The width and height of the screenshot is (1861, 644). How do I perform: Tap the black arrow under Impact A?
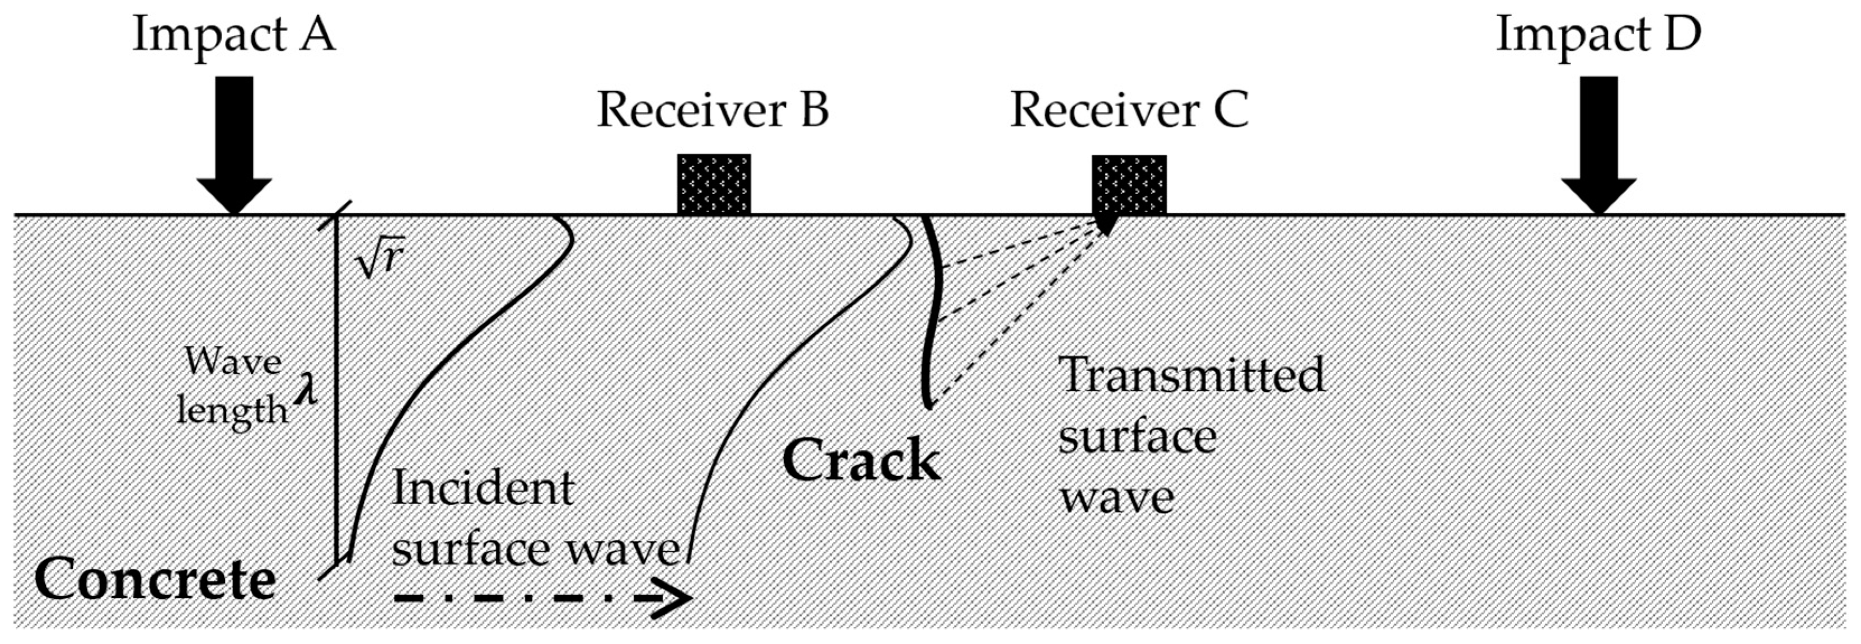pyautogui.click(x=235, y=144)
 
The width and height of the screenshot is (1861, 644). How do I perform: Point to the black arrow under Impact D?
pyautogui.click(x=1599, y=144)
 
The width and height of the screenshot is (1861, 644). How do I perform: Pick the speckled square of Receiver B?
pyautogui.click(x=714, y=184)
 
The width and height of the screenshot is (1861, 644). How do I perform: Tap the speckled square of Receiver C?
pyautogui.click(x=1128, y=186)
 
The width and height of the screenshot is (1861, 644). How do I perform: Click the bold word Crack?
pyautogui.click(x=861, y=460)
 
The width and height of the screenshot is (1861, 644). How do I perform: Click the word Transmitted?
pyautogui.click(x=1191, y=375)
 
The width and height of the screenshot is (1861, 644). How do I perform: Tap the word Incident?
pyautogui.click(x=482, y=489)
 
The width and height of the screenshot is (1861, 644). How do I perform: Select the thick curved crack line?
pyautogui.click(x=936, y=311)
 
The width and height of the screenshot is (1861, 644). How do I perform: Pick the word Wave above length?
pyautogui.click(x=233, y=361)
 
